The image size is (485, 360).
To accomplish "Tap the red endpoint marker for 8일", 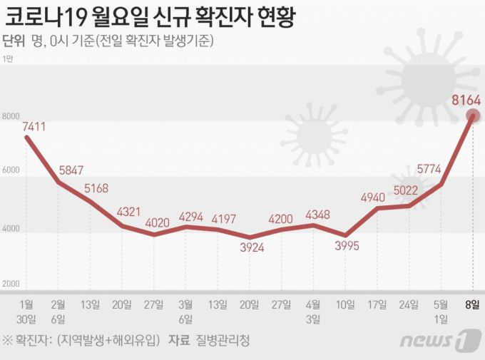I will point(472,116).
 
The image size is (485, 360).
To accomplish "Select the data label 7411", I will point(34,127).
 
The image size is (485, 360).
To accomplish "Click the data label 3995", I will point(344,247).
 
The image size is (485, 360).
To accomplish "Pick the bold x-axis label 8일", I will point(472,304).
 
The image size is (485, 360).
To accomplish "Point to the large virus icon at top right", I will point(426,80).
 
